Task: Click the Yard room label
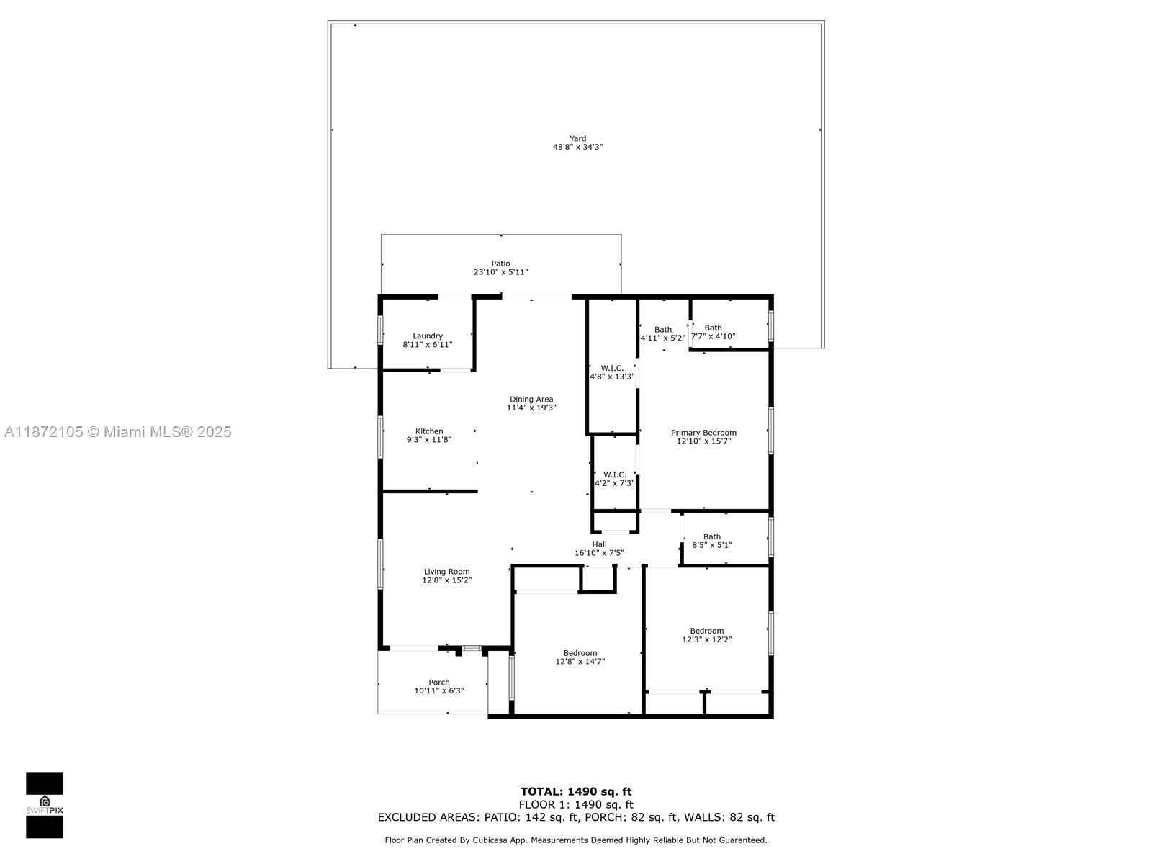[x=577, y=139]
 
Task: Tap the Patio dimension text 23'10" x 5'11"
[x=500, y=272]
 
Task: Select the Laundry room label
[x=428, y=336]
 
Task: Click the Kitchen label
[x=429, y=431]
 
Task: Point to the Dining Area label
[x=531, y=400]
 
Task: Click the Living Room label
[x=446, y=572]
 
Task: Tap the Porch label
[x=439, y=683]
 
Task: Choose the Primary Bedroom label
[x=703, y=433]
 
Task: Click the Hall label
[x=599, y=544]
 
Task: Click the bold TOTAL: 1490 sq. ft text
[x=576, y=792]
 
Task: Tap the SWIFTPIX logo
[x=45, y=805]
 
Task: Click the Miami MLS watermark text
[x=117, y=432]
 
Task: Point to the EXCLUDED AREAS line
[x=576, y=817]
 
